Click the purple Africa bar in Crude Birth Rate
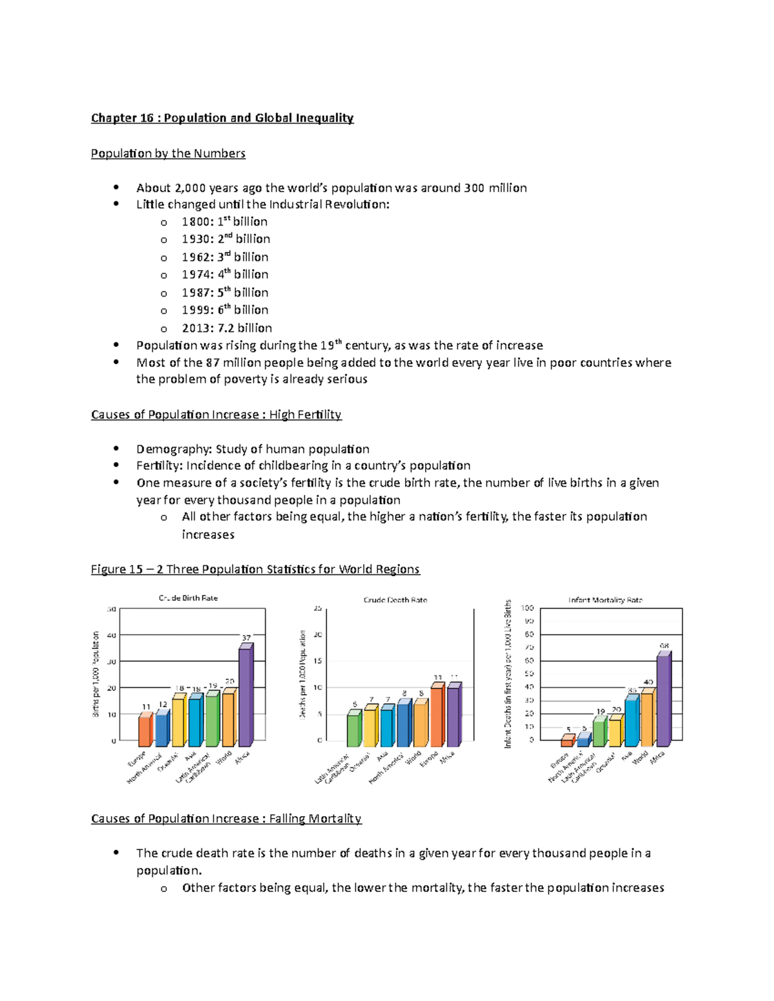245,696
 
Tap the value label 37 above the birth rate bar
246,637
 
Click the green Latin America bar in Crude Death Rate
353,730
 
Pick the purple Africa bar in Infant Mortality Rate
663,700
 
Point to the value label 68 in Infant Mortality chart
664,646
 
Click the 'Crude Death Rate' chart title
395,600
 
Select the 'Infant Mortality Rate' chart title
605,600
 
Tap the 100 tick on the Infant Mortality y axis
528,608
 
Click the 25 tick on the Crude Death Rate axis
317,608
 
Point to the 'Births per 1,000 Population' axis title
96,674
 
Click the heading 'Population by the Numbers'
168,153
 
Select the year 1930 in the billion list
195,239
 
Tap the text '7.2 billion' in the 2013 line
244,328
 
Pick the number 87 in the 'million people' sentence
213,363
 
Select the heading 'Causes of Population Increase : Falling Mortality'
226,819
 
